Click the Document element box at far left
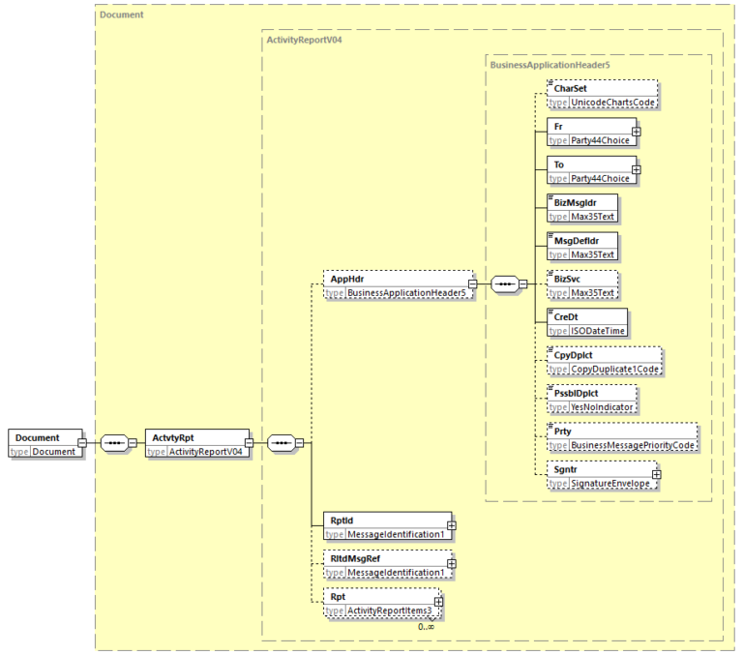[x=43, y=444]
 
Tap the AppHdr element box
[x=398, y=284]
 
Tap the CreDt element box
[x=587, y=322]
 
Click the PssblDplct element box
[x=591, y=400]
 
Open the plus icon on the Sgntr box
[x=657, y=474]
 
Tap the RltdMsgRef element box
[x=387, y=564]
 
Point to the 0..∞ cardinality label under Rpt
[x=426, y=627]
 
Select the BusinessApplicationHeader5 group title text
[x=550, y=65]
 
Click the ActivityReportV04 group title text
[x=304, y=40]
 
